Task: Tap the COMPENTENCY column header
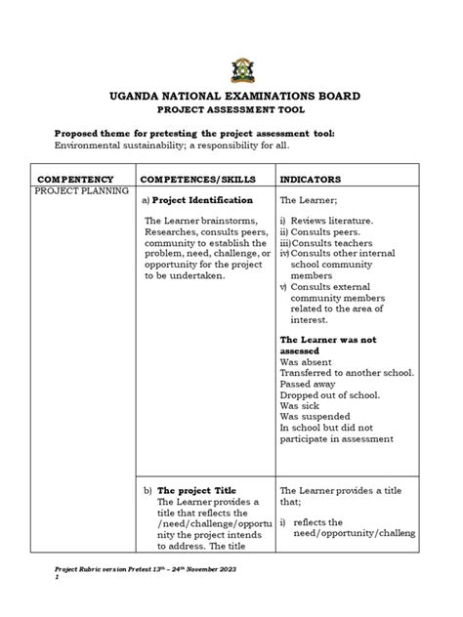(x=75, y=181)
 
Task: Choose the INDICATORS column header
(x=311, y=181)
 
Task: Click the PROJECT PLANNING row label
(x=82, y=192)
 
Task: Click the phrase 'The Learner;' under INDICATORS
(x=308, y=198)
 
